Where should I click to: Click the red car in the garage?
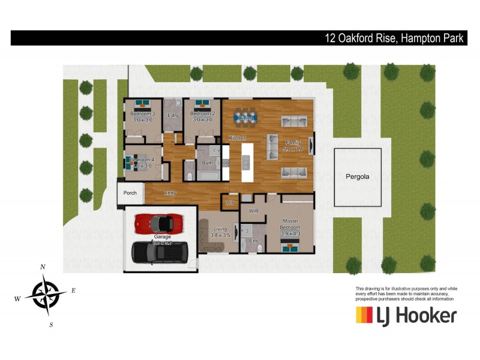[x=158, y=223]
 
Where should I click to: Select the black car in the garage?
[x=160, y=251]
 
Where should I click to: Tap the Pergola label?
[x=358, y=177]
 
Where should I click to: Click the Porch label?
[x=130, y=193]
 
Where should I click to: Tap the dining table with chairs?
[x=245, y=115]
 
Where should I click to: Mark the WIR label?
[x=253, y=211]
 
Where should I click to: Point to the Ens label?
[x=253, y=241]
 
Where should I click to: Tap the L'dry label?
[x=173, y=115]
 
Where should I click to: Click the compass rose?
[x=46, y=295]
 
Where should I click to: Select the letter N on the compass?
[x=43, y=267]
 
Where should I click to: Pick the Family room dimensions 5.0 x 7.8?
[x=293, y=149]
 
